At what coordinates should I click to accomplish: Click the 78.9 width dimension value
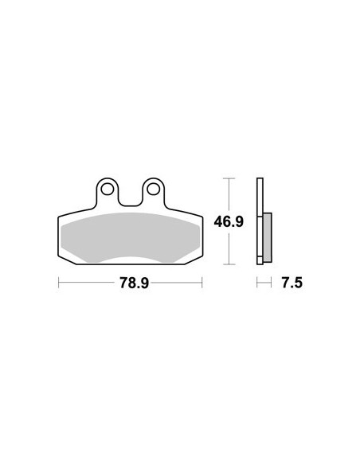(134, 283)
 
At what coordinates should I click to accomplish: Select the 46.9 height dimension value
(229, 221)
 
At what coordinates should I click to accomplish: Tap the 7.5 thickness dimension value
(292, 283)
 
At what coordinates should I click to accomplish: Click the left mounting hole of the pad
(107, 189)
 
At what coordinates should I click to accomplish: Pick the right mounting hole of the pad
(153, 189)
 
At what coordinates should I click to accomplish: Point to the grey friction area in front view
(130, 237)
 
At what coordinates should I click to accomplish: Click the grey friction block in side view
(267, 237)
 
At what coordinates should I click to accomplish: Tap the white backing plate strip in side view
(260, 221)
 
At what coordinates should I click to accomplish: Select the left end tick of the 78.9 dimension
(59, 283)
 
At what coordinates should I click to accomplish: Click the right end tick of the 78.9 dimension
(202, 283)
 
